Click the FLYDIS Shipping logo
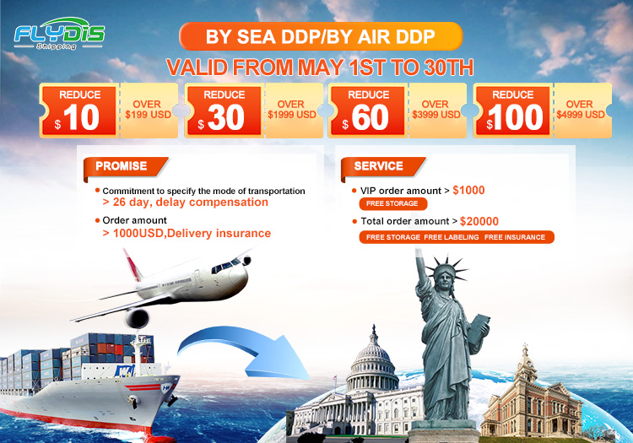click(59, 34)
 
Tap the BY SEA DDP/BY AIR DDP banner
click(321, 36)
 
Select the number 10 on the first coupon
click(81, 117)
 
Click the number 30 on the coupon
click(226, 117)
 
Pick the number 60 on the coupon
click(370, 117)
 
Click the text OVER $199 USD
click(148, 110)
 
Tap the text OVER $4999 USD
click(581, 110)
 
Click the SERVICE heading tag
click(382, 166)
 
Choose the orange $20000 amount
click(479, 221)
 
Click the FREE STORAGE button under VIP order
click(392, 203)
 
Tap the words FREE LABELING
click(452, 237)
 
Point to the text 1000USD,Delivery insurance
click(192, 233)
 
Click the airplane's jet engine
click(138, 318)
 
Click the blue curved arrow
click(244, 352)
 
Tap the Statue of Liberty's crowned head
click(445, 275)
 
